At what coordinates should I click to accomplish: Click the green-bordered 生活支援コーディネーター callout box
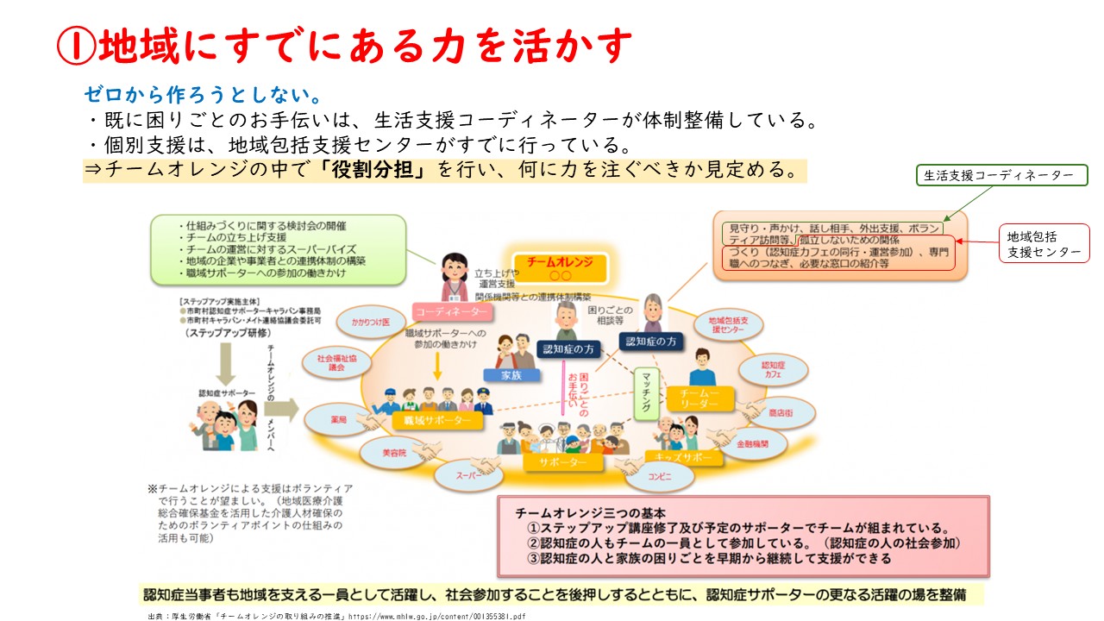(x=1001, y=175)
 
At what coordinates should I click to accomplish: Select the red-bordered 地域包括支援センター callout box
(x=1043, y=243)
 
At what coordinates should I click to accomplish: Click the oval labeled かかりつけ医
(x=370, y=322)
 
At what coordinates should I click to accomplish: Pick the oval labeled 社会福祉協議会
(x=330, y=362)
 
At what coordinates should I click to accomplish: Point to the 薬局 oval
(x=337, y=419)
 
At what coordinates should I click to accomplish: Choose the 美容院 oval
(x=394, y=451)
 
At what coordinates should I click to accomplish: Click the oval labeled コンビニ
(x=659, y=475)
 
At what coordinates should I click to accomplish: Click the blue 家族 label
(x=510, y=375)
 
